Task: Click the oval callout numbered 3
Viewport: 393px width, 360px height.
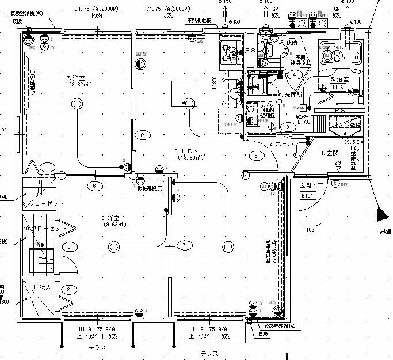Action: pos(70,247)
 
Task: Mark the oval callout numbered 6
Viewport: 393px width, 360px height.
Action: pos(95,185)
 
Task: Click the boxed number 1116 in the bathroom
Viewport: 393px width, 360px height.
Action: pos(338,88)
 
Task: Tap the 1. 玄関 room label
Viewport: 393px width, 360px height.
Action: pos(331,153)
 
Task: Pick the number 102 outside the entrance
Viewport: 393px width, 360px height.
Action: pos(310,229)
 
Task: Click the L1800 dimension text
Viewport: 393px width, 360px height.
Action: pos(214,84)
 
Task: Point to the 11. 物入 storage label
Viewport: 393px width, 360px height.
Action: pos(42,286)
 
